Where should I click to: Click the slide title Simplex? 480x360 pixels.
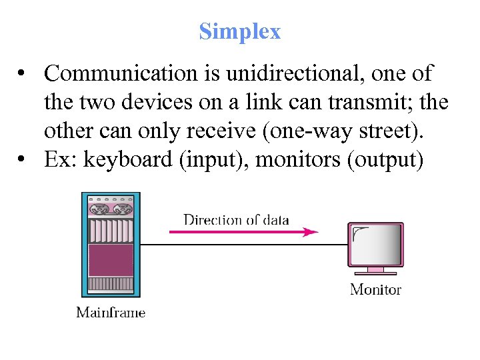(x=240, y=31)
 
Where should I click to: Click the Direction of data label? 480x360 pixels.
(x=236, y=219)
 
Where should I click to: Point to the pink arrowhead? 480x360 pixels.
(x=311, y=232)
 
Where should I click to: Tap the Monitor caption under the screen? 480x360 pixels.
(x=375, y=289)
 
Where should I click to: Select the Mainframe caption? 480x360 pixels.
(x=111, y=312)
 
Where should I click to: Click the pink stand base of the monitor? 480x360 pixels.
(x=375, y=272)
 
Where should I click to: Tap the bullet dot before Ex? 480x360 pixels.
(x=23, y=161)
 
